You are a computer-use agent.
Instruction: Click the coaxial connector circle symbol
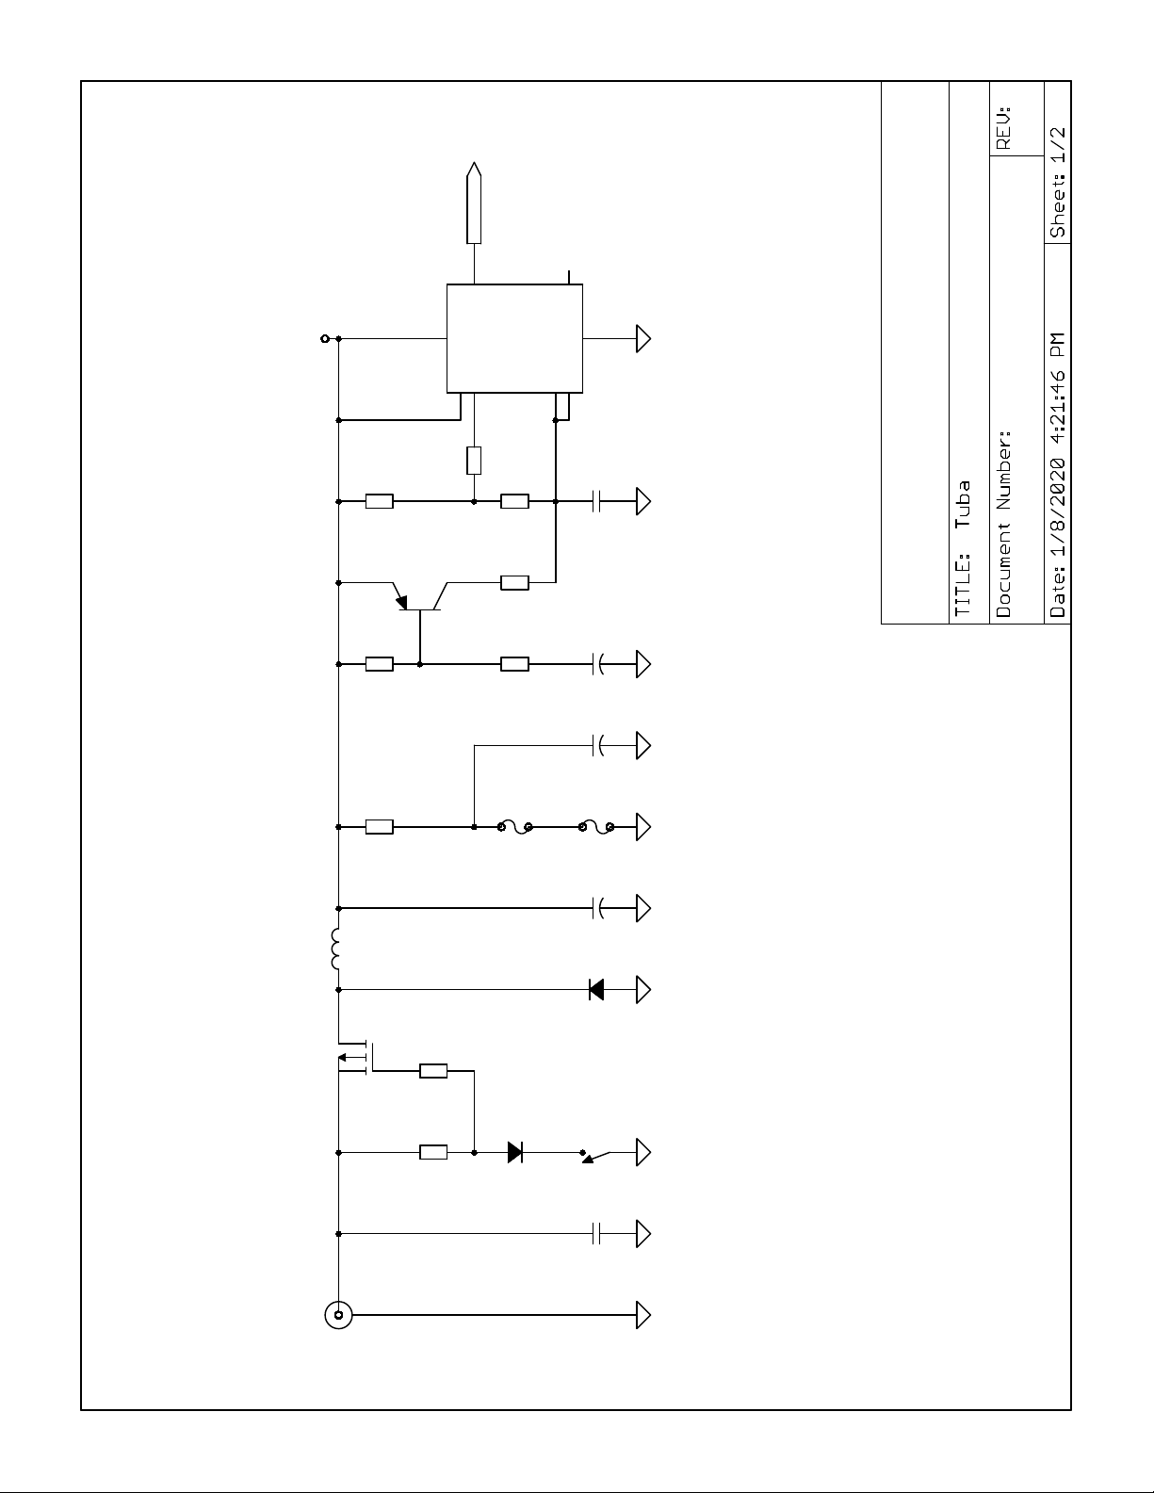338,1314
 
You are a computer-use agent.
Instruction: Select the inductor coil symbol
335,949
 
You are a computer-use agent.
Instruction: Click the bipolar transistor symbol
418,598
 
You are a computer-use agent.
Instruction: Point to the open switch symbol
596,1154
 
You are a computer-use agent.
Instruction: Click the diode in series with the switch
515,1151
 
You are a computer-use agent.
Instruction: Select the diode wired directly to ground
596,989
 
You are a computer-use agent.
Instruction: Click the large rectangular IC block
514,338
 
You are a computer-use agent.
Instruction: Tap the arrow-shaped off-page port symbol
474,203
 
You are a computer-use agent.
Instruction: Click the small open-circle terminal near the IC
325,338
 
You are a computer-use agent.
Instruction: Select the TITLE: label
962,585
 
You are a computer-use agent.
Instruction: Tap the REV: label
1003,127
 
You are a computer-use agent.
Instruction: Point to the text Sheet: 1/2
1058,182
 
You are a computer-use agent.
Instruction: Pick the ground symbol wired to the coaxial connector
644,1314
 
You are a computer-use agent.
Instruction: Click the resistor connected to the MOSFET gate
433,1070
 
